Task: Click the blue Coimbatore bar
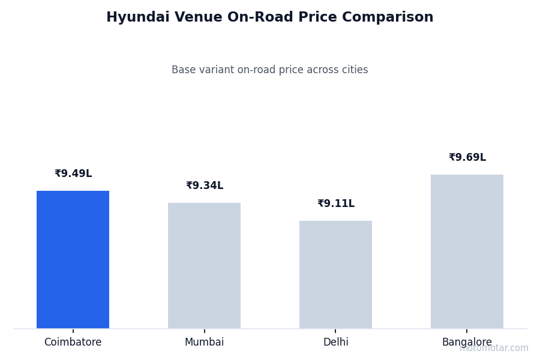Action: [x=73, y=259]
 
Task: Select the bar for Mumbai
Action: [x=204, y=265]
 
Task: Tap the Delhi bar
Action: [x=335, y=274]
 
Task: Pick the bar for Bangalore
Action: [x=467, y=251]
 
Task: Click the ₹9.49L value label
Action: [x=73, y=174]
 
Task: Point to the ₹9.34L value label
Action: [x=205, y=186]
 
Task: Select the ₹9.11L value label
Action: [x=336, y=204]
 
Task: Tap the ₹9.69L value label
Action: [x=467, y=158]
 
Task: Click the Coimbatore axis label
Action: [x=73, y=343]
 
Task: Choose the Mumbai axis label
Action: [x=204, y=343]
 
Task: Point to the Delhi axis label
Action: [x=335, y=343]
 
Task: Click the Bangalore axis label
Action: [x=467, y=343]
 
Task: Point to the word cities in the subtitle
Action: [x=355, y=70]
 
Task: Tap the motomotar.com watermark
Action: [x=494, y=349]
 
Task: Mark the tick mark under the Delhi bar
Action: [x=335, y=331]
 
